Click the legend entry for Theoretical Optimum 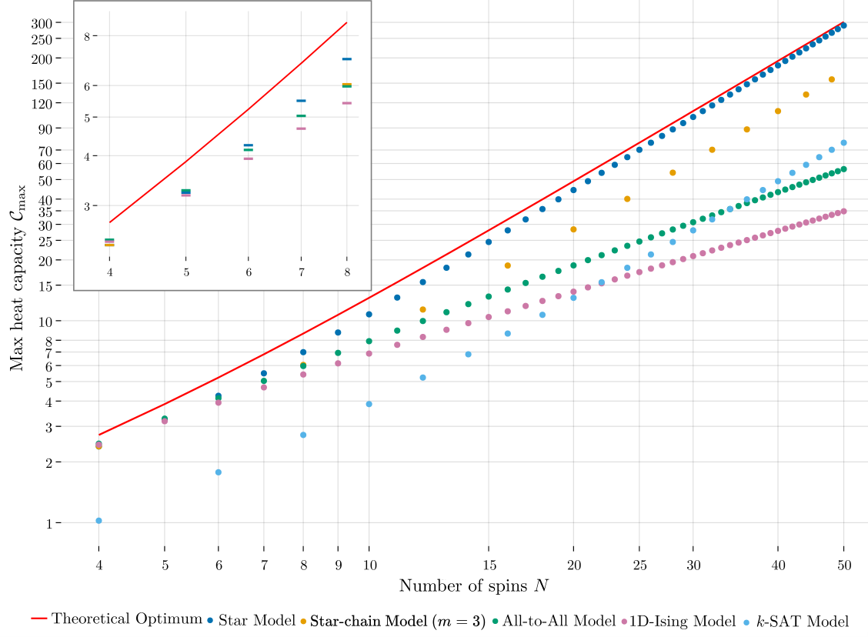pyautogui.click(x=117, y=619)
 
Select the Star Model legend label pyautogui.click(x=252, y=620)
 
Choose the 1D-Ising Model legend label pyautogui.click(x=679, y=622)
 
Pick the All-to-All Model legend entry pyautogui.click(x=553, y=621)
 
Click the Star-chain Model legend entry pyautogui.click(x=393, y=622)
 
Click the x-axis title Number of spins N pyautogui.click(x=474, y=585)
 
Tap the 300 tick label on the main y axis pyautogui.click(x=42, y=23)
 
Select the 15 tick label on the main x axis pyautogui.click(x=489, y=565)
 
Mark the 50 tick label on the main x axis pyautogui.click(x=844, y=565)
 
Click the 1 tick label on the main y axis pyautogui.click(x=49, y=523)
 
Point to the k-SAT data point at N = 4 pyautogui.click(x=98, y=521)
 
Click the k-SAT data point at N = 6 pyautogui.click(x=218, y=472)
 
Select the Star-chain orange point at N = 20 pyautogui.click(x=573, y=229)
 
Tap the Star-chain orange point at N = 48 pyautogui.click(x=832, y=80)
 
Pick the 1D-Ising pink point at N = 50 pyautogui.click(x=843, y=212)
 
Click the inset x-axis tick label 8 pyautogui.click(x=347, y=272)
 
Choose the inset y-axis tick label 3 pyautogui.click(x=87, y=206)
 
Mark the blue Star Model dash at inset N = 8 pyautogui.click(x=347, y=58)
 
